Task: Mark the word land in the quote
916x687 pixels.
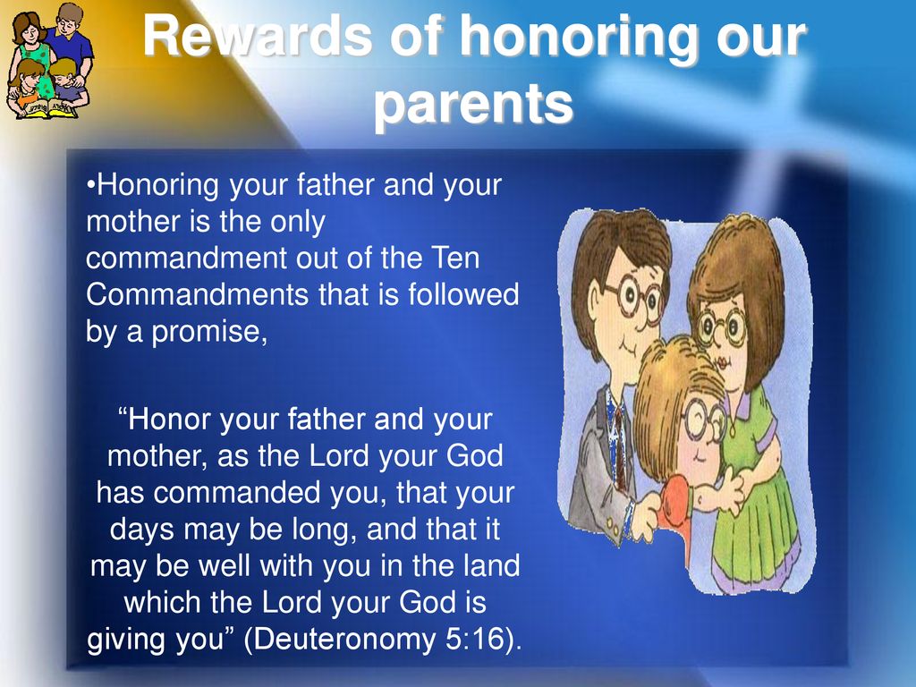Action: pos(490,566)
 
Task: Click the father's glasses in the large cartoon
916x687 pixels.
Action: pos(633,298)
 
